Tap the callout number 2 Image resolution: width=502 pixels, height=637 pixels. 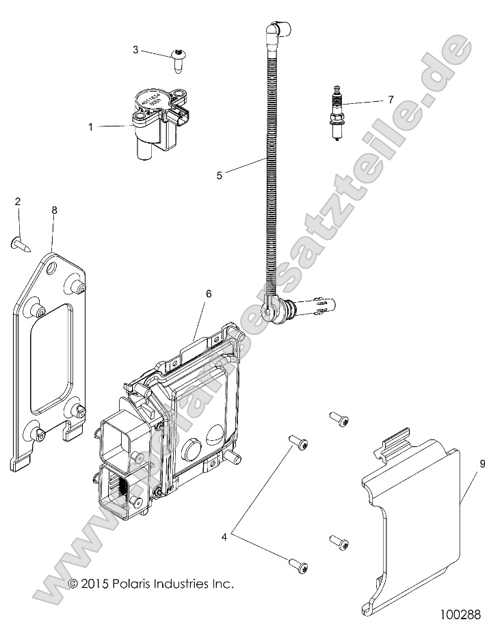(x=18, y=201)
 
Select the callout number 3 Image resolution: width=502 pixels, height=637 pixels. (x=135, y=49)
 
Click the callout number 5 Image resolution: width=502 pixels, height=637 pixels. (x=219, y=175)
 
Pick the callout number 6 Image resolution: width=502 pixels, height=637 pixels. (x=208, y=294)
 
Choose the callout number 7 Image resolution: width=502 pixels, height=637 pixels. (x=391, y=99)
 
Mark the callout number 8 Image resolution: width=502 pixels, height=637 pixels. (x=54, y=211)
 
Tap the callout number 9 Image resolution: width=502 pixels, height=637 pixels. (x=482, y=464)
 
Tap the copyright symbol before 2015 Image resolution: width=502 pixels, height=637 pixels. (x=74, y=584)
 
